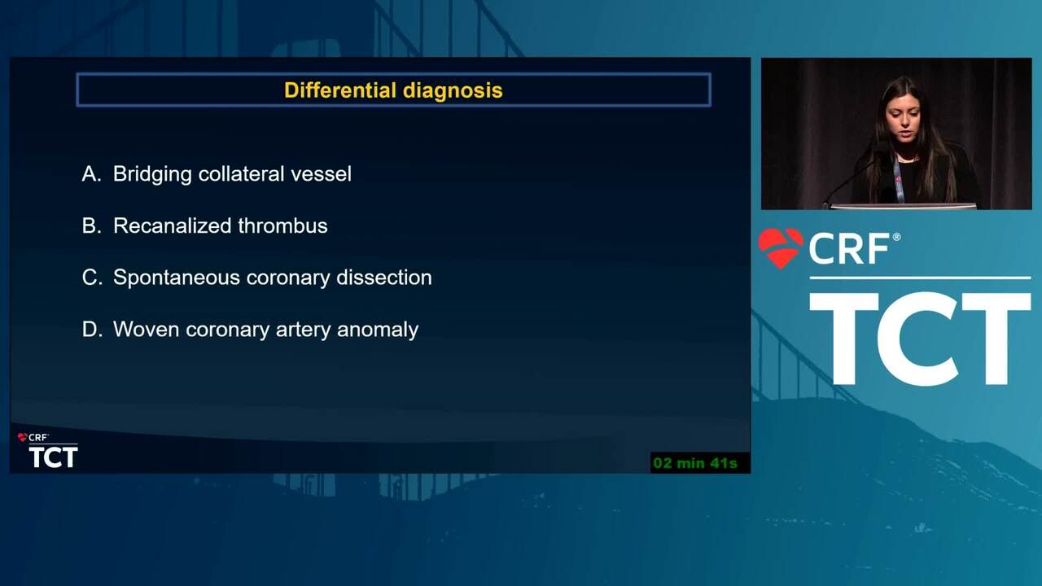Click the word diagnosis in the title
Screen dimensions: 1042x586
click(x=453, y=90)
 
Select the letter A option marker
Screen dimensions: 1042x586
click(x=91, y=174)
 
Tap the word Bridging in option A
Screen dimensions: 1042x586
click(x=152, y=175)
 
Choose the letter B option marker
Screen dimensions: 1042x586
click(x=91, y=225)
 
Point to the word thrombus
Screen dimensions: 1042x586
click(x=282, y=225)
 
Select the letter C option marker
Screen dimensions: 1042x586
click(x=92, y=278)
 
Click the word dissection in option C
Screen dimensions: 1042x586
click(x=384, y=278)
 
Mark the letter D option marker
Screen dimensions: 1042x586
click(x=92, y=330)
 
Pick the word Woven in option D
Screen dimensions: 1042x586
click(x=146, y=330)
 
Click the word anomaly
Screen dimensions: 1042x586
click(x=378, y=330)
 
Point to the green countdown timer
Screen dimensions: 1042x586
click(x=695, y=463)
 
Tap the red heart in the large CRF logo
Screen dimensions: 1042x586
click(x=780, y=248)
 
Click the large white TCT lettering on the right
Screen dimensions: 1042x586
click(x=920, y=339)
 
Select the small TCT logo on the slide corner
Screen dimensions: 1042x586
click(x=53, y=457)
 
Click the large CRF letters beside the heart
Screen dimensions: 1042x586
click(x=849, y=248)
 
